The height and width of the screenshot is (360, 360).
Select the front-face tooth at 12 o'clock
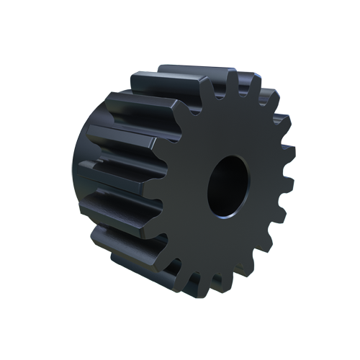[x=234, y=81]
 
